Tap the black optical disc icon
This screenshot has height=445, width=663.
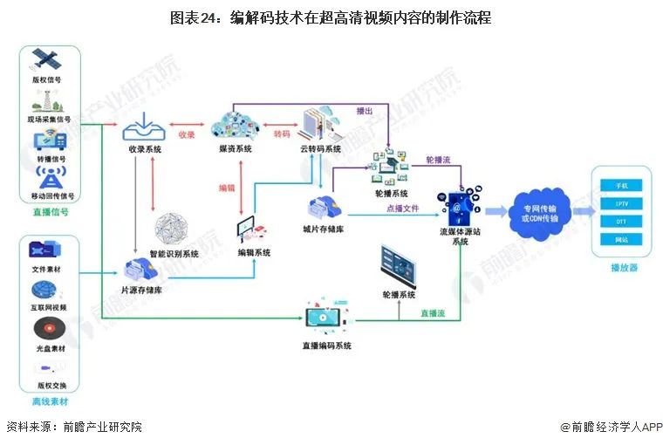point(47,328)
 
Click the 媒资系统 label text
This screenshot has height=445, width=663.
point(236,149)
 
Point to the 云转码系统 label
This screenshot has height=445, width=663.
point(320,149)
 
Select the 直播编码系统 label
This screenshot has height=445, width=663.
point(327,346)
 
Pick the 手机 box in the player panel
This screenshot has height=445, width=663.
point(621,185)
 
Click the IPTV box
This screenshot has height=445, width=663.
point(621,203)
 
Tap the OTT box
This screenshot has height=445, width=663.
point(621,222)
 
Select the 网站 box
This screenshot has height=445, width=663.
point(621,239)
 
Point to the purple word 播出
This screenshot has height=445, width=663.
point(365,111)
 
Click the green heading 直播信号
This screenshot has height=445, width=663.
point(49,211)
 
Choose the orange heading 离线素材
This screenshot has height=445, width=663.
point(49,401)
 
